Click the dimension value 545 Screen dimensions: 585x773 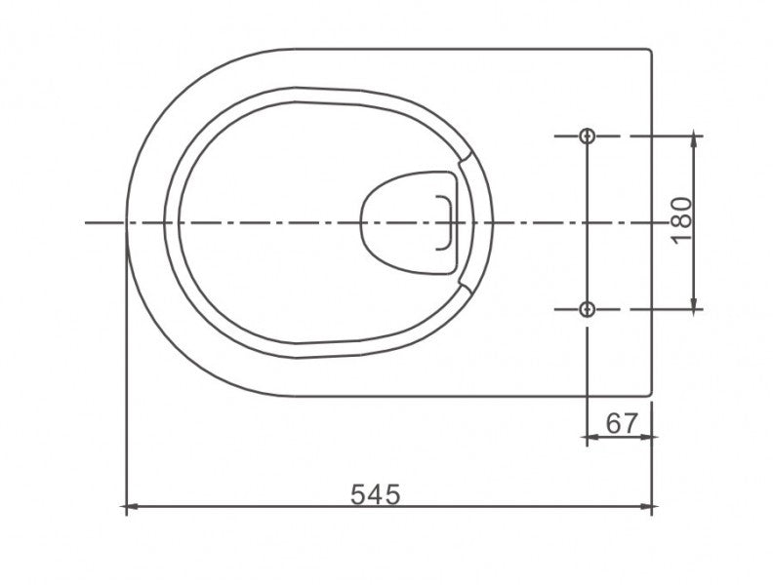376,494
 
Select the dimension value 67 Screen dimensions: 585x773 622,423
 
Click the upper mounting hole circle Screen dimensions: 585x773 587,136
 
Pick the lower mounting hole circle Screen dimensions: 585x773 587,309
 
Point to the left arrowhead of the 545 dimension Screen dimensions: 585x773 131,507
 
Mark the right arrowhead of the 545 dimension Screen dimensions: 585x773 648,507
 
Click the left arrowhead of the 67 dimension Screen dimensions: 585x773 590,437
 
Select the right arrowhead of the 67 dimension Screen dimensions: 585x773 648,437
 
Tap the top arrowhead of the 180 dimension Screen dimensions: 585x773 694,141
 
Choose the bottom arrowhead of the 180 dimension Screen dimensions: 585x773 694,304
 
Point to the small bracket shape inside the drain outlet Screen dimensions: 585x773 447,222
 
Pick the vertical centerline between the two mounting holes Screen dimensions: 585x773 587,223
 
